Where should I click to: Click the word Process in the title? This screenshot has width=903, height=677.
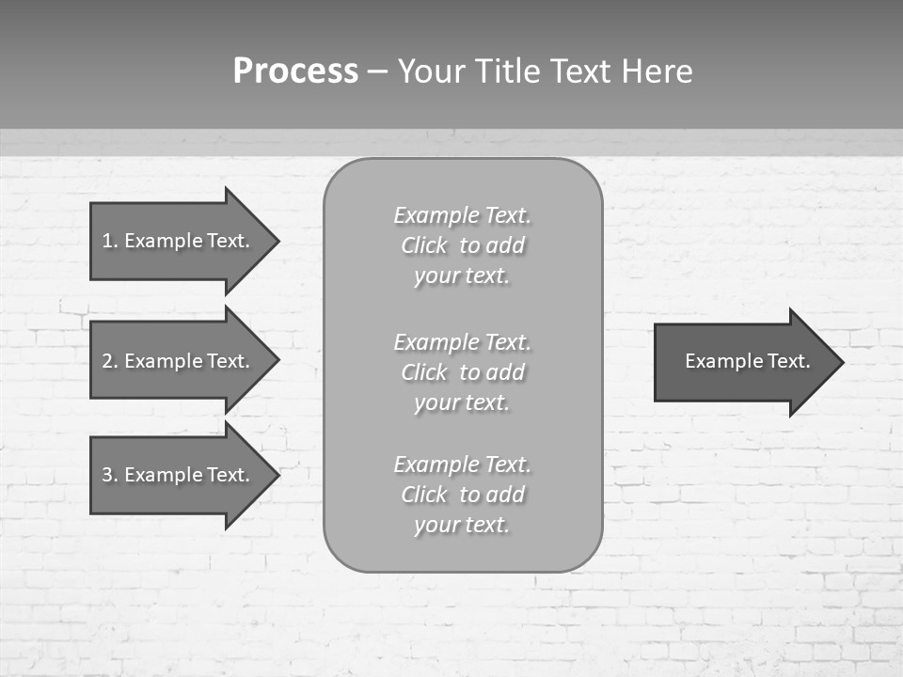[x=295, y=71]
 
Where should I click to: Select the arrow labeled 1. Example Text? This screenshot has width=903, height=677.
[x=179, y=241]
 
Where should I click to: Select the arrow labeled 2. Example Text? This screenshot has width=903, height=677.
[x=179, y=361]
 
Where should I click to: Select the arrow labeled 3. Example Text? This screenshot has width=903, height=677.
[x=179, y=475]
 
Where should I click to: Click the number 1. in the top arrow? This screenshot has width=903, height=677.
[x=109, y=241]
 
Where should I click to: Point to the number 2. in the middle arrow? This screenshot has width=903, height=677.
[x=109, y=361]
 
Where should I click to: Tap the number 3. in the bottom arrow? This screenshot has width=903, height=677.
[x=109, y=475]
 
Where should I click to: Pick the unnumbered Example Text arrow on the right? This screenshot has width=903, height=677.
[x=743, y=361]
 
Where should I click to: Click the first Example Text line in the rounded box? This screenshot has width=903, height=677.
[x=462, y=215]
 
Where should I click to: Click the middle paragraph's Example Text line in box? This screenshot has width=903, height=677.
[x=462, y=341]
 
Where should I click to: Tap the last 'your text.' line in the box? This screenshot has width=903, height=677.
[x=462, y=525]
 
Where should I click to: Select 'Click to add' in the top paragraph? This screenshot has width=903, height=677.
[x=462, y=245]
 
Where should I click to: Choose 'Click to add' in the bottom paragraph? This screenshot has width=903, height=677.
[x=462, y=495]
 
